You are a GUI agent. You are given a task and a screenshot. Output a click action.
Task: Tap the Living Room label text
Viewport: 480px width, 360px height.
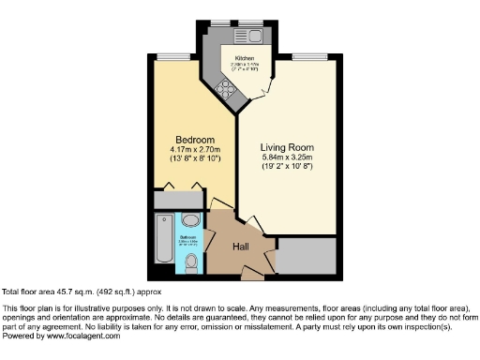click(x=286, y=148)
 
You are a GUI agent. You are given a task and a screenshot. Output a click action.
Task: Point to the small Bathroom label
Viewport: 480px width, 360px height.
click(x=187, y=237)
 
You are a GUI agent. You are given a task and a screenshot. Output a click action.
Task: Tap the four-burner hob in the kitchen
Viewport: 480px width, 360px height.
click(x=225, y=89)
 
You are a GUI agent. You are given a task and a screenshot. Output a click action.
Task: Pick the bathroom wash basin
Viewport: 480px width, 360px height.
click(x=190, y=220)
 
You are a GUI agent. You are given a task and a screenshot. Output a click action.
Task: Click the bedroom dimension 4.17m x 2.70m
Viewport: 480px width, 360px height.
click(x=194, y=149)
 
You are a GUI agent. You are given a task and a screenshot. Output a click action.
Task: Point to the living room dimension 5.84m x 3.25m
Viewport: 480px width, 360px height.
click(x=286, y=158)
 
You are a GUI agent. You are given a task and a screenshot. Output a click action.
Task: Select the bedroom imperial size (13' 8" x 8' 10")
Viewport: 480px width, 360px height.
click(x=194, y=159)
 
